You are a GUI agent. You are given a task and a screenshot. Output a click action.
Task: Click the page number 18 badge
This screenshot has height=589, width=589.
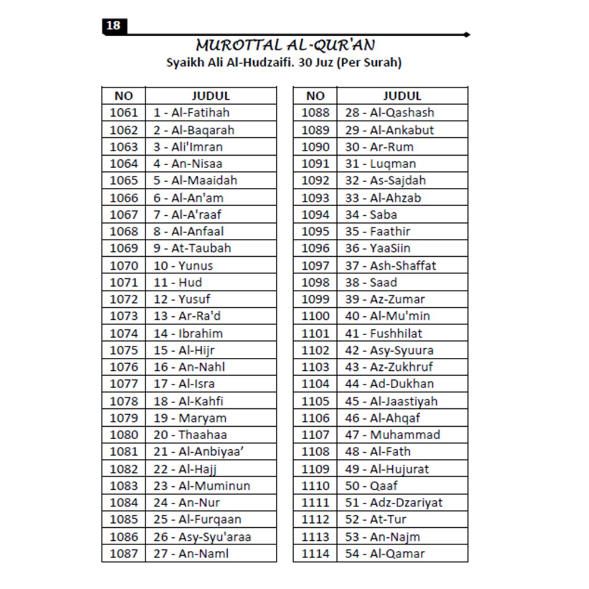click(113, 26)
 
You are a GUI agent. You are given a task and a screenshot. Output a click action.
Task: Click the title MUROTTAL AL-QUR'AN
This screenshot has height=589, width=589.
click(285, 46)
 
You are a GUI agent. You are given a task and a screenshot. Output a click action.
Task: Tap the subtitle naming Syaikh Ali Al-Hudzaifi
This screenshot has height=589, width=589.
click(284, 62)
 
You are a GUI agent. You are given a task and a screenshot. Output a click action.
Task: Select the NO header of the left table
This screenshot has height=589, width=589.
click(124, 96)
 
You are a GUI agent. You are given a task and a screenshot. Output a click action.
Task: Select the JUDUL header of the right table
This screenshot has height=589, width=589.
click(402, 96)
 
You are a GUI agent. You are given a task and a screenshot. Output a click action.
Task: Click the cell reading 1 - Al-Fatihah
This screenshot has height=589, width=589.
click(191, 112)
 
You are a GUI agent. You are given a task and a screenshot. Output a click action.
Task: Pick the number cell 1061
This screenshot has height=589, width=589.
click(124, 112)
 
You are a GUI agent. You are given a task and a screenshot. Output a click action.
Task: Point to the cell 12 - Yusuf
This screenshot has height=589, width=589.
click(182, 299)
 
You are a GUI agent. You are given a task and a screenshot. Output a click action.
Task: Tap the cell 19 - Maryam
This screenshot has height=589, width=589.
click(190, 418)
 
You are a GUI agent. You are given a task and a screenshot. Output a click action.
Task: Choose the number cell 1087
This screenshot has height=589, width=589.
click(124, 553)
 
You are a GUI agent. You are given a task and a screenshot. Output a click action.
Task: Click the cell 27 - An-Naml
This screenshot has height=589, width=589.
click(191, 553)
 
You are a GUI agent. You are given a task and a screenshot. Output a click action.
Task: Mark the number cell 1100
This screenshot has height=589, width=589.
click(315, 316)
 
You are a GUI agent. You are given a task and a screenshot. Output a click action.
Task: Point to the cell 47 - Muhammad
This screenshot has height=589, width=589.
click(393, 434)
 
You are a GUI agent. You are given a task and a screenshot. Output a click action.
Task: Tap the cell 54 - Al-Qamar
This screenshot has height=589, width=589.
click(385, 553)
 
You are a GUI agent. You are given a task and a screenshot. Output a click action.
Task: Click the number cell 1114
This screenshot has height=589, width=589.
click(315, 553)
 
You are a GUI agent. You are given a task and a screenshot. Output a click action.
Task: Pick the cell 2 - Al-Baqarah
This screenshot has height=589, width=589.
click(194, 130)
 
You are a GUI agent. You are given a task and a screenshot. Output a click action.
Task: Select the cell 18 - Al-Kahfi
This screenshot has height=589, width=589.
click(188, 401)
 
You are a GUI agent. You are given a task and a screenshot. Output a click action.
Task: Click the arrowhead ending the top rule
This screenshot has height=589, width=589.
click(468, 34)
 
